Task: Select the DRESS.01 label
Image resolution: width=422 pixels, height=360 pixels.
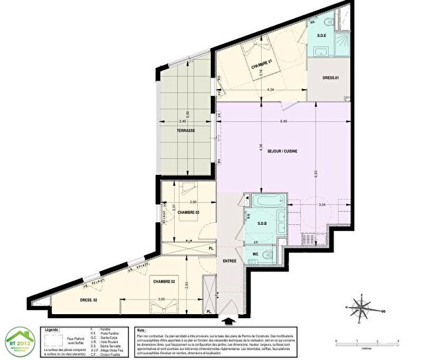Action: pyautogui.click(x=330, y=77)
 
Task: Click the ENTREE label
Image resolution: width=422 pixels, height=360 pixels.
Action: pyautogui.click(x=229, y=261)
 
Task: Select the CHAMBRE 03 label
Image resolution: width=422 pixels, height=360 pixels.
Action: pyautogui.click(x=189, y=213)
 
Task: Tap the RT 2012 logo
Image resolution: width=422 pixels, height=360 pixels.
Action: pyautogui.click(x=19, y=337)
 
